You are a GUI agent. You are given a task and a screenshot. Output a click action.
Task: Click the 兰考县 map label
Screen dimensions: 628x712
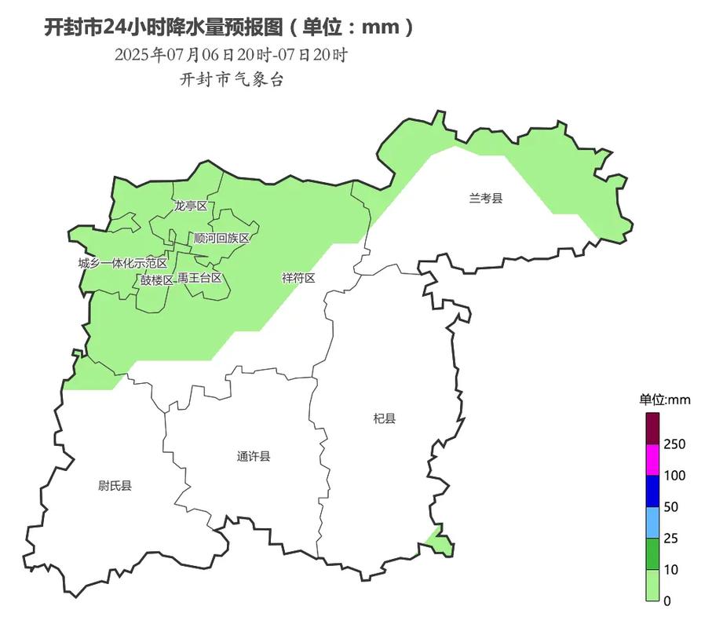click(485, 199)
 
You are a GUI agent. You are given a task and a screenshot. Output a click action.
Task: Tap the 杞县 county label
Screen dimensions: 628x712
click(385, 418)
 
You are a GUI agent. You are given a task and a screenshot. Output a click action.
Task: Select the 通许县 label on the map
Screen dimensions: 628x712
click(254, 456)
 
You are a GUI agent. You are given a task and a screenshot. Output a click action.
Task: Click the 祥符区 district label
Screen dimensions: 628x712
click(298, 278)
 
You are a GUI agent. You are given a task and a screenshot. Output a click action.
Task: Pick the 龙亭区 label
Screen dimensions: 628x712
click(191, 206)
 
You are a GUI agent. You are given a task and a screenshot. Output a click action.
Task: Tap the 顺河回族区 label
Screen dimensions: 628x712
click(221, 238)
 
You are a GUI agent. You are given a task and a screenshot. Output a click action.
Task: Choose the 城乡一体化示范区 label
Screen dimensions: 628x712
click(122, 263)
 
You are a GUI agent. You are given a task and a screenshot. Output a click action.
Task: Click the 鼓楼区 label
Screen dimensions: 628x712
click(157, 279)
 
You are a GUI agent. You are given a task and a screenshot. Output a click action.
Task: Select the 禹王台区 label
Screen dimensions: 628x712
click(199, 278)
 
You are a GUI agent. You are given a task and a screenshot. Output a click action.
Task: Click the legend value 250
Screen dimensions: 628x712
click(674, 444)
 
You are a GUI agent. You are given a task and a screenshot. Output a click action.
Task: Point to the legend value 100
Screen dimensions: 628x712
click(674, 476)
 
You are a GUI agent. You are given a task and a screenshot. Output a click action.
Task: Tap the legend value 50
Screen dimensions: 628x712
click(670, 507)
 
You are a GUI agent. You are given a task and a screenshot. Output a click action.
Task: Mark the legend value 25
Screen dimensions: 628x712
click(670, 539)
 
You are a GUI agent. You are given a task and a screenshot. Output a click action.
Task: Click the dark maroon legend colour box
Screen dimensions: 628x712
click(653, 429)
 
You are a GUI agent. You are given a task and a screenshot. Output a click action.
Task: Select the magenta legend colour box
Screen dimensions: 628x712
click(653, 460)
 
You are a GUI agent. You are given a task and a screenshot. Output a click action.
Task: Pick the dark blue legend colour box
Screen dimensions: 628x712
click(653, 491)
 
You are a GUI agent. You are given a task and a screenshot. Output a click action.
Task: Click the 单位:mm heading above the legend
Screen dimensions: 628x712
click(664, 400)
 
